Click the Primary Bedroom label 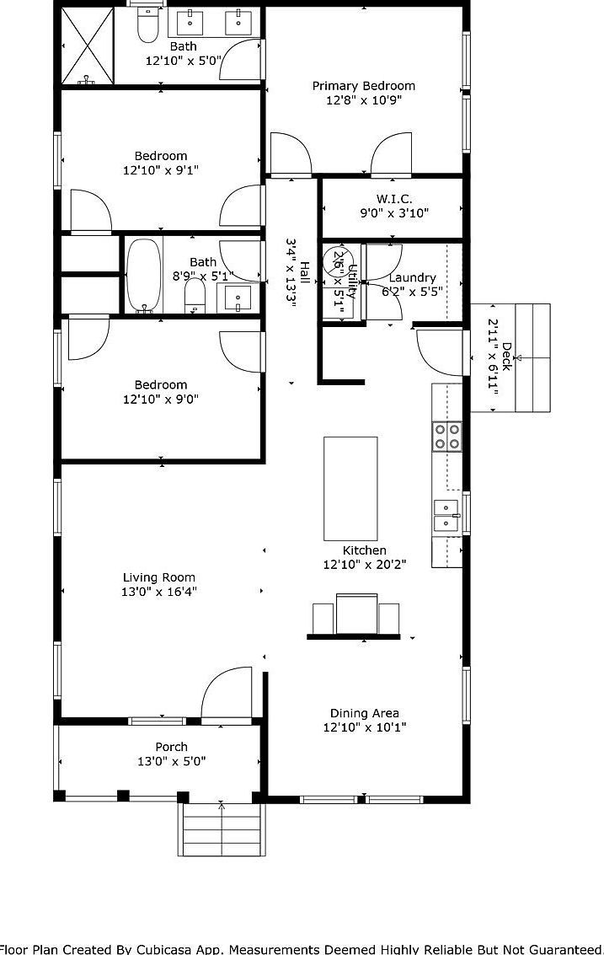point(364,86)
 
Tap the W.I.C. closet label point(394,199)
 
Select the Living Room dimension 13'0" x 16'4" point(158,592)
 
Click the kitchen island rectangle point(350,488)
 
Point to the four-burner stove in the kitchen point(446,435)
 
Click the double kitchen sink point(446,515)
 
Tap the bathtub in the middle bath point(143,275)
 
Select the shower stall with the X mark point(87,46)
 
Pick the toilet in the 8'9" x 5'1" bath point(195,296)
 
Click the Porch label point(171,747)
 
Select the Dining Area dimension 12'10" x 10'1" point(365,727)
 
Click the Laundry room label point(413,277)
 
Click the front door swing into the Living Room point(226,694)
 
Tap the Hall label point(304,273)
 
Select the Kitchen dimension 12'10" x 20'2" point(365,565)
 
